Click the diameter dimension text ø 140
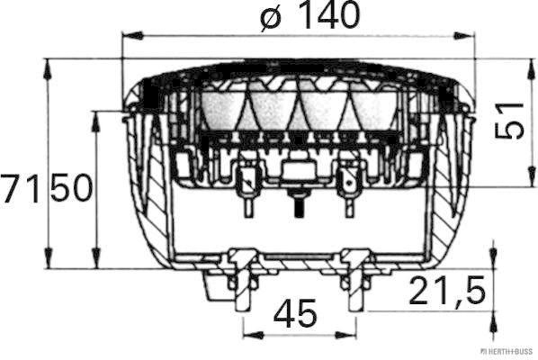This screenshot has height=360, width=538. click(309, 16)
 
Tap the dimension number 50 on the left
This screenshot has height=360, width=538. click(71, 190)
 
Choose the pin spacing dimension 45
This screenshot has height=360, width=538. click(295, 313)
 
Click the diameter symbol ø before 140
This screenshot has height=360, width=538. click(269, 16)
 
